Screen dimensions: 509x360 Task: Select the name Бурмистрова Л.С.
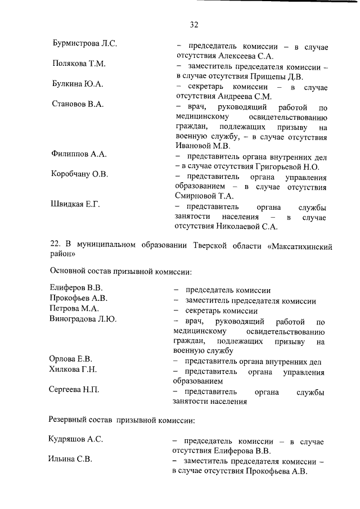pyautogui.click(x=84, y=43)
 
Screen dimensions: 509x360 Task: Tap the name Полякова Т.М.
pyautogui.click(x=79, y=64)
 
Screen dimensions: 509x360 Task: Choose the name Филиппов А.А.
pyautogui.click(x=79, y=154)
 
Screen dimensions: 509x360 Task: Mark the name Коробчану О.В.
pyautogui.click(x=79, y=174)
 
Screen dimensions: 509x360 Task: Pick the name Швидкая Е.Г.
pyautogui.click(x=75, y=204)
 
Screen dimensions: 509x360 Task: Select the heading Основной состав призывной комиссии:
pyautogui.click(x=121, y=272)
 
